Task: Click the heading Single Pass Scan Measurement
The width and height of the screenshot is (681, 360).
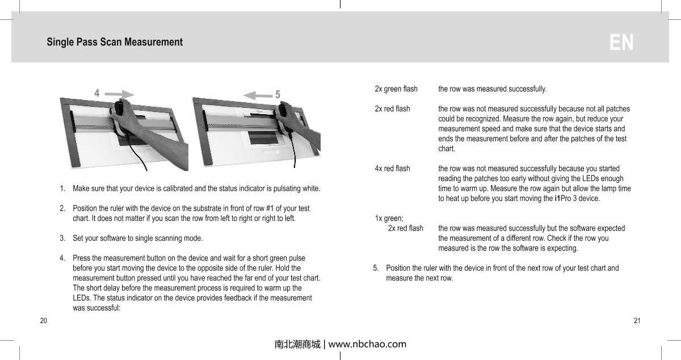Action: (115, 42)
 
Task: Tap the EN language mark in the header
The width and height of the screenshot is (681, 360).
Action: (621, 43)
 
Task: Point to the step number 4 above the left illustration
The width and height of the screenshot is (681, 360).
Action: (97, 93)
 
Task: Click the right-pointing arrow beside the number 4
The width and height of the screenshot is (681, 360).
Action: (120, 94)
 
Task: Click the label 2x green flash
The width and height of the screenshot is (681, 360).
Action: (396, 89)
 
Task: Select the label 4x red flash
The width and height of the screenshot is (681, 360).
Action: (392, 169)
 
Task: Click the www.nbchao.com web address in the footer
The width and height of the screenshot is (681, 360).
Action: (368, 344)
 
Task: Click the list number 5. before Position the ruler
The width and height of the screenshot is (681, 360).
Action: (376, 268)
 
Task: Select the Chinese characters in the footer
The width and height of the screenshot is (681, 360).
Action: (297, 344)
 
